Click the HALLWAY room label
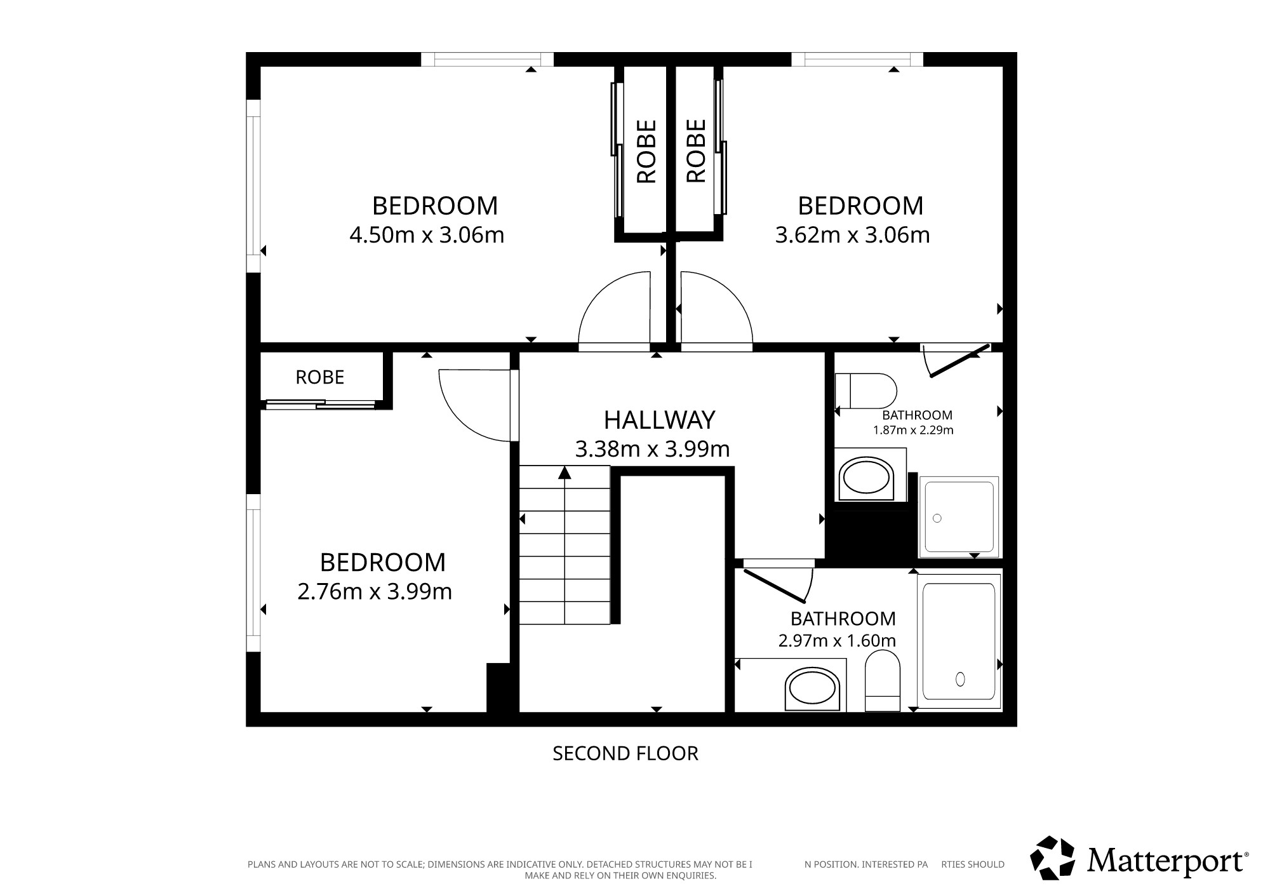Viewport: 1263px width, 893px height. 659,420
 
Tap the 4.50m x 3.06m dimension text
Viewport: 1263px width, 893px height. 427,235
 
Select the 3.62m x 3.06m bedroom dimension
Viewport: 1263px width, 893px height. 852,235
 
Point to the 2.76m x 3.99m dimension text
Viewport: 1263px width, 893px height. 375,591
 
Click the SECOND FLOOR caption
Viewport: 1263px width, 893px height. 625,753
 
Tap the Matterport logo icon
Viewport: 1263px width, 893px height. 1052,858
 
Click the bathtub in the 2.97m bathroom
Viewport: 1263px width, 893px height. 959,641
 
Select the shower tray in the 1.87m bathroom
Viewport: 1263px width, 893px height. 959,517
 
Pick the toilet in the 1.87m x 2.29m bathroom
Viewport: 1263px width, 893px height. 865,391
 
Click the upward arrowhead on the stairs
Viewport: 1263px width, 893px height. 565,473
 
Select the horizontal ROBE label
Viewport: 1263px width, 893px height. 320,377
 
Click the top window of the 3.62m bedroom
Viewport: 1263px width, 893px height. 857,59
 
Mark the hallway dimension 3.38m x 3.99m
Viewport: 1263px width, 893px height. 652,449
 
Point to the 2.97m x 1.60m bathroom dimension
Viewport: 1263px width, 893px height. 837,640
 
